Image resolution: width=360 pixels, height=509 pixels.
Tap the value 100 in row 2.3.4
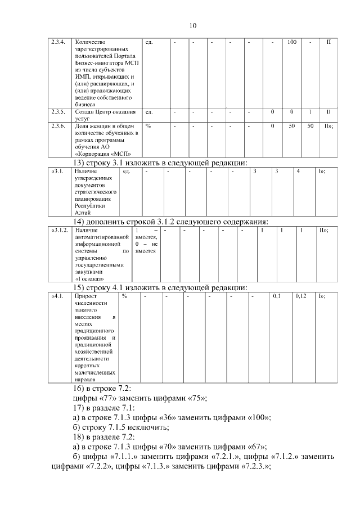coord(291,42)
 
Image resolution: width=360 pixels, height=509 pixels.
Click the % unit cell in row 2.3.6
coord(148,126)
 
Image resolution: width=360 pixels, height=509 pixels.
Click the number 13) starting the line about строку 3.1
coord(79,163)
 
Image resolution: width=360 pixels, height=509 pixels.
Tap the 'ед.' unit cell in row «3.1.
coord(126,171)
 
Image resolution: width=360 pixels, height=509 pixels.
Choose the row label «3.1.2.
coord(60,230)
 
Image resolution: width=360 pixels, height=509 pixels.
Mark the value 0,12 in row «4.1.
coord(301,295)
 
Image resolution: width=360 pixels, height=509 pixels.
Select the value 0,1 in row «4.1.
coord(277,295)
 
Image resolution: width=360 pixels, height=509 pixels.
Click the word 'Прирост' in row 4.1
coord(84,295)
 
